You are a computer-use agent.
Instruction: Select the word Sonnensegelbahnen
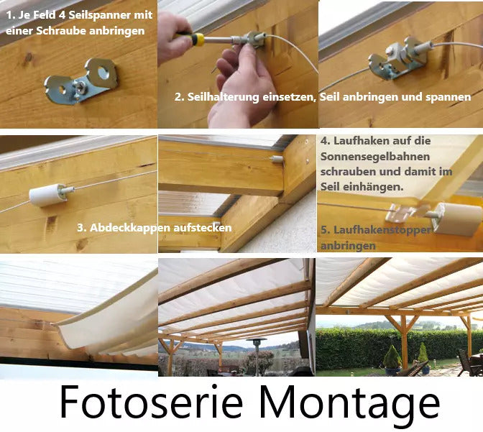pyautogui.click(x=375, y=156)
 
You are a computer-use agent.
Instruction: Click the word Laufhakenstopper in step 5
pyautogui.click(x=382, y=230)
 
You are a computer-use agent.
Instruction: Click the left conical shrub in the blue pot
pyautogui.click(x=392, y=358)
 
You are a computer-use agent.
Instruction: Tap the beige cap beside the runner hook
pyautogui.click(x=457, y=219)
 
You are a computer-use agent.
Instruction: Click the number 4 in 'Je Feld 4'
pyautogui.click(x=62, y=15)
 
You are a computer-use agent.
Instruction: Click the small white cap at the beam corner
pyautogui.click(x=277, y=160)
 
